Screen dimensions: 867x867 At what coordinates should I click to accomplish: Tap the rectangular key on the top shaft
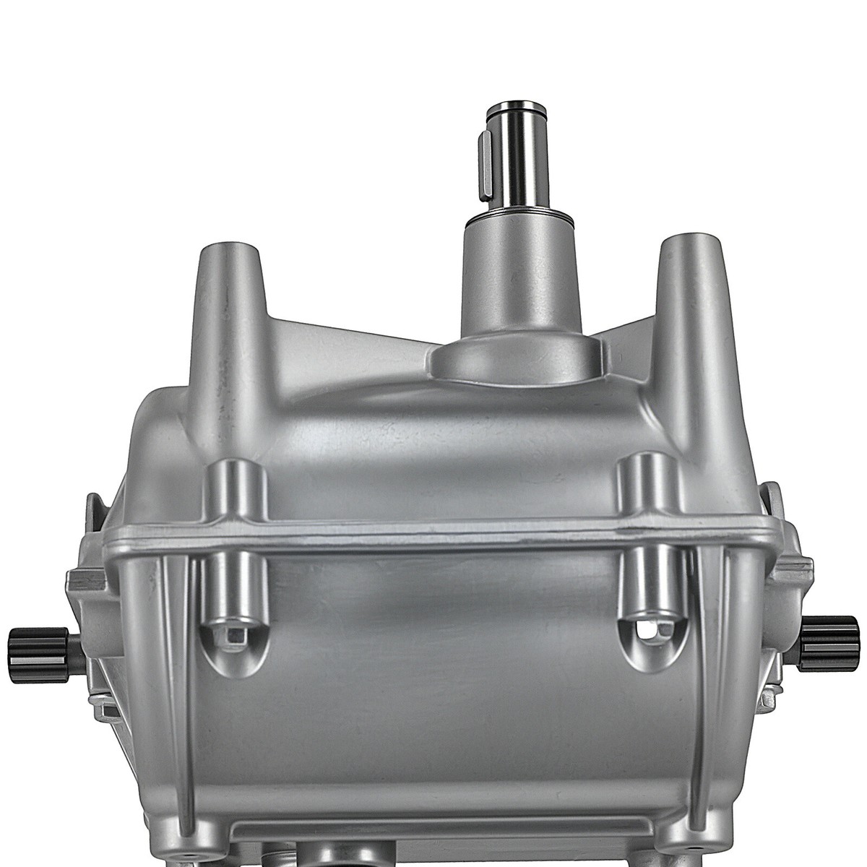pyautogui.click(x=488, y=152)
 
